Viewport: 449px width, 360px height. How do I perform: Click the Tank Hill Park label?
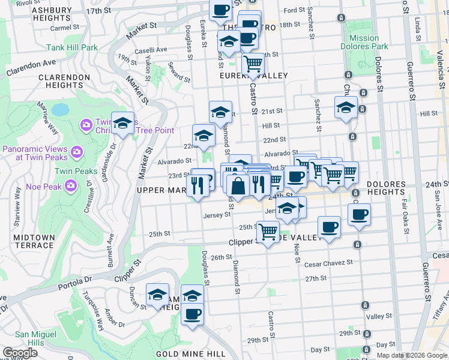point(73,47)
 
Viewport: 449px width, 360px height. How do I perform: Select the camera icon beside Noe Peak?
point(71,186)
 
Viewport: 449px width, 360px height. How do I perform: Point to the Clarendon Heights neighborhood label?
point(64,81)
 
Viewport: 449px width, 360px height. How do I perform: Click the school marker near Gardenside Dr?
point(123,124)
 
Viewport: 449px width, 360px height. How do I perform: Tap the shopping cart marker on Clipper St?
point(267,230)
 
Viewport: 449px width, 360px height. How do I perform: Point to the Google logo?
point(20,353)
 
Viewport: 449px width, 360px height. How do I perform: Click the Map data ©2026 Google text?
point(411,355)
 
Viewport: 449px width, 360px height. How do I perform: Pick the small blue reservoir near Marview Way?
point(60,110)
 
